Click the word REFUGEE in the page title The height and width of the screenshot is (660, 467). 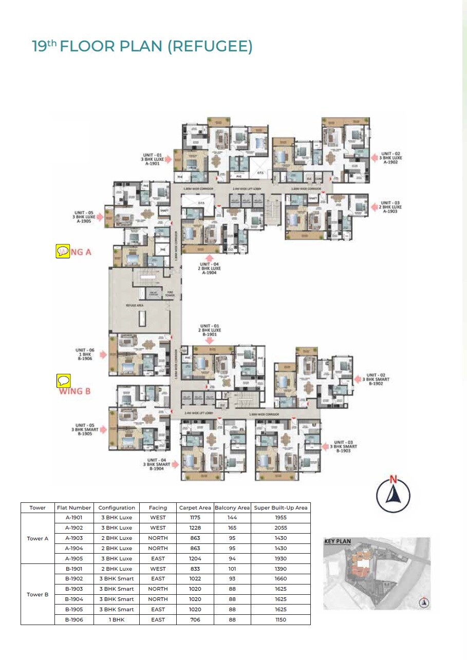click(211, 46)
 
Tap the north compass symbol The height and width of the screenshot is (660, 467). click(393, 494)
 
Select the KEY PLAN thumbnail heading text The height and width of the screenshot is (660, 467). click(337, 541)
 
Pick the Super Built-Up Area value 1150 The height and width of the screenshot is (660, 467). click(281, 619)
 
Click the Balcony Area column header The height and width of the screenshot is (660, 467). click(232, 507)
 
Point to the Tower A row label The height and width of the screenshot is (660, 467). click(38, 538)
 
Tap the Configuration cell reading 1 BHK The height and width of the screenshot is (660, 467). click(117, 619)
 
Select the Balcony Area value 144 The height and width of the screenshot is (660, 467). click(232, 518)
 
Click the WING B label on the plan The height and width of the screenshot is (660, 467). click(75, 391)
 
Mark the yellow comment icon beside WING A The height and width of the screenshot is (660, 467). click(63, 251)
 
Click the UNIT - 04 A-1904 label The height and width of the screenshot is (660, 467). click(209, 268)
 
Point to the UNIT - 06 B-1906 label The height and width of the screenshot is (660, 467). click(85, 354)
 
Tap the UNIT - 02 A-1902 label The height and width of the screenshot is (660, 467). click(390, 158)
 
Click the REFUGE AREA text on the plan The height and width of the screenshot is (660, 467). click(135, 305)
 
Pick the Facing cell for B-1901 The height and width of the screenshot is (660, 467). click(158, 569)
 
